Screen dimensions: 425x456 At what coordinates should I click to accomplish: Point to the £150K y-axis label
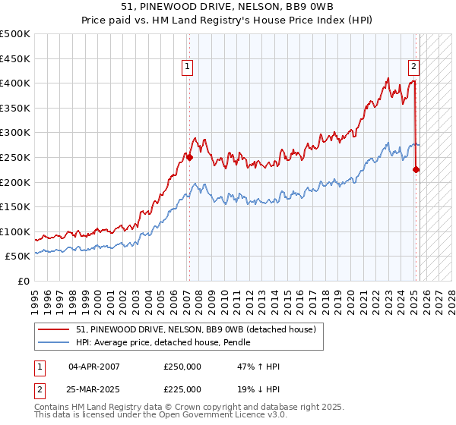pyautogui.click(x=16, y=206)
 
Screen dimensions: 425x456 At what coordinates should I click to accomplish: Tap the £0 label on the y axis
pyautogui.click(x=24, y=281)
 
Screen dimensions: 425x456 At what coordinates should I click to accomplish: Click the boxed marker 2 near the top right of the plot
pyautogui.click(x=413, y=66)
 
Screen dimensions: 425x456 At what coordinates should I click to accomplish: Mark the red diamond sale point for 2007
pyautogui.click(x=189, y=158)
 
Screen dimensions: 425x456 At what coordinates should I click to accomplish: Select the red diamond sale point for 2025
pyautogui.click(x=416, y=170)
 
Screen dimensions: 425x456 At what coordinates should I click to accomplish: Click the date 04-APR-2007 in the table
pyautogui.click(x=94, y=367)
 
